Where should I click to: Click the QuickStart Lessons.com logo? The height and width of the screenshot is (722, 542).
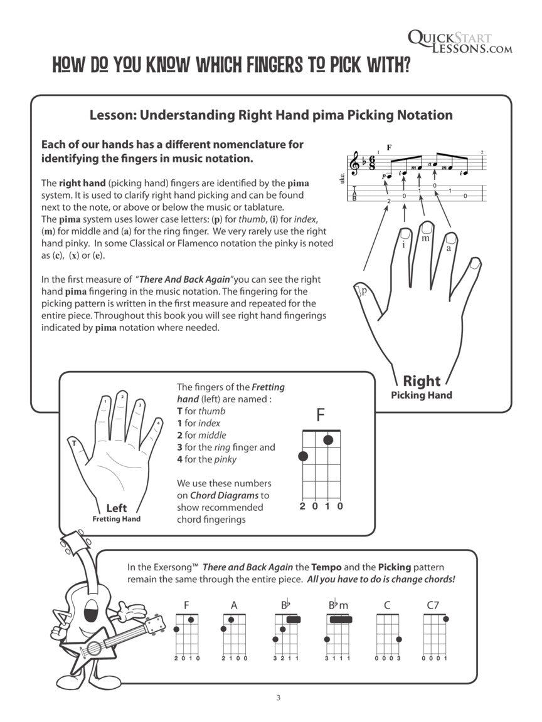pyautogui.click(x=459, y=42)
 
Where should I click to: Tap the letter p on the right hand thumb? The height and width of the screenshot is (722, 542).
pyautogui.click(x=363, y=290)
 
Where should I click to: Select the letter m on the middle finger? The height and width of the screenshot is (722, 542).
pyautogui.click(x=426, y=238)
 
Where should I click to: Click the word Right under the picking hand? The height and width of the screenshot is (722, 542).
pyautogui.click(x=421, y=381)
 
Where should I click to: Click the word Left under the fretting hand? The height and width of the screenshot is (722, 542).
pyautogui.click(x=116, y=508)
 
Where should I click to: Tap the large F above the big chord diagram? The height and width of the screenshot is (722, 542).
pyautogui.click(x=321, y=416)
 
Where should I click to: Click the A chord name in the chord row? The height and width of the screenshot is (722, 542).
pyautogui.click(x=234, y=605)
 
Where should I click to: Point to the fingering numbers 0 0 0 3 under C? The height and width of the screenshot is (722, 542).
pyautogui.click(x=388, y=659)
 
